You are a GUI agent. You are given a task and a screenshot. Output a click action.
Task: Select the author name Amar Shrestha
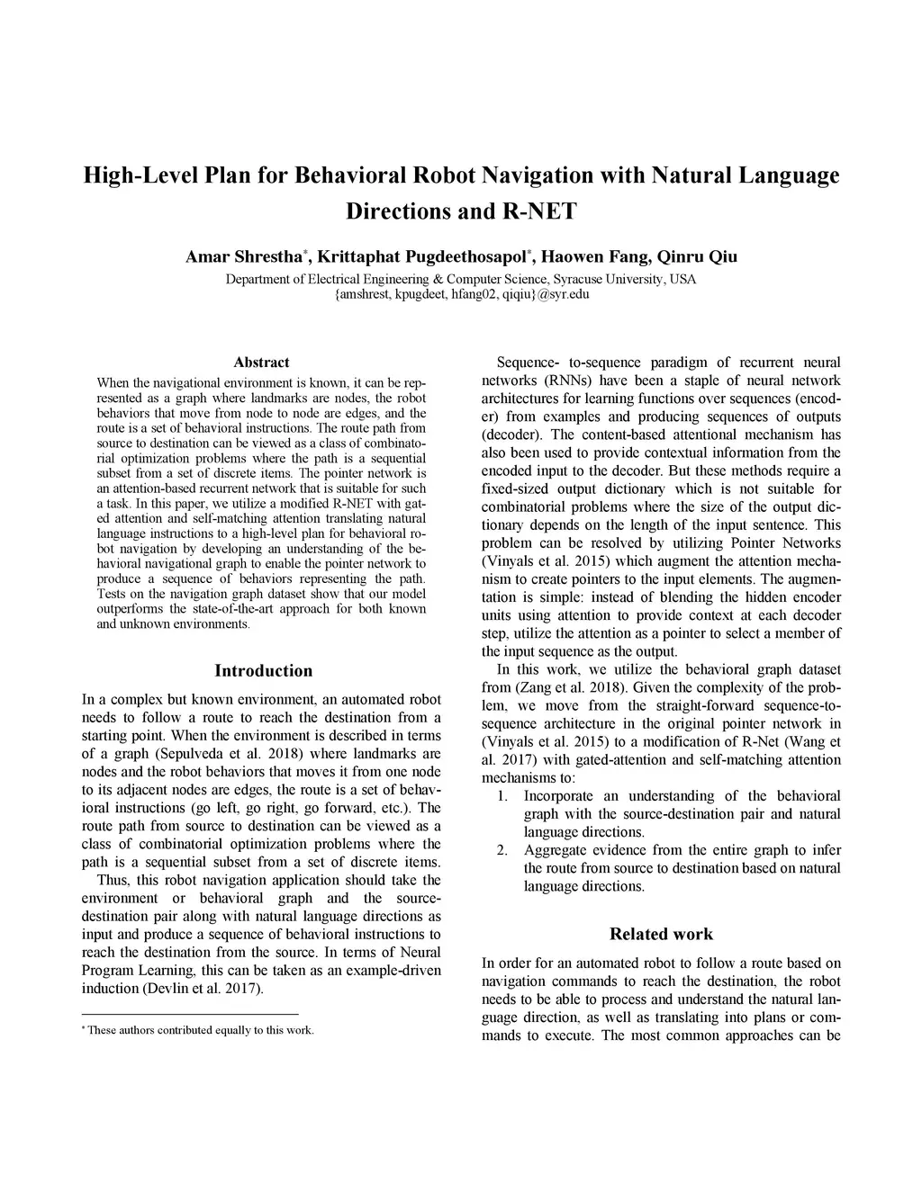click(x=244, y=257)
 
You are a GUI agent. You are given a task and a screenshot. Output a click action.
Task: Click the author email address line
click(x=461, y=294)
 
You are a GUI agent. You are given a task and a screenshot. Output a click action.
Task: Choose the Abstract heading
click(x=261, y=363)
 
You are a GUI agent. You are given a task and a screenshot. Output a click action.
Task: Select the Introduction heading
click(x=263, y=671)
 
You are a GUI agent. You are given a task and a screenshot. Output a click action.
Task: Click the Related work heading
click(x=661, y=934)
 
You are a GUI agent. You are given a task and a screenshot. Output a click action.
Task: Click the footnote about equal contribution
click(x=198, y=1030)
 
